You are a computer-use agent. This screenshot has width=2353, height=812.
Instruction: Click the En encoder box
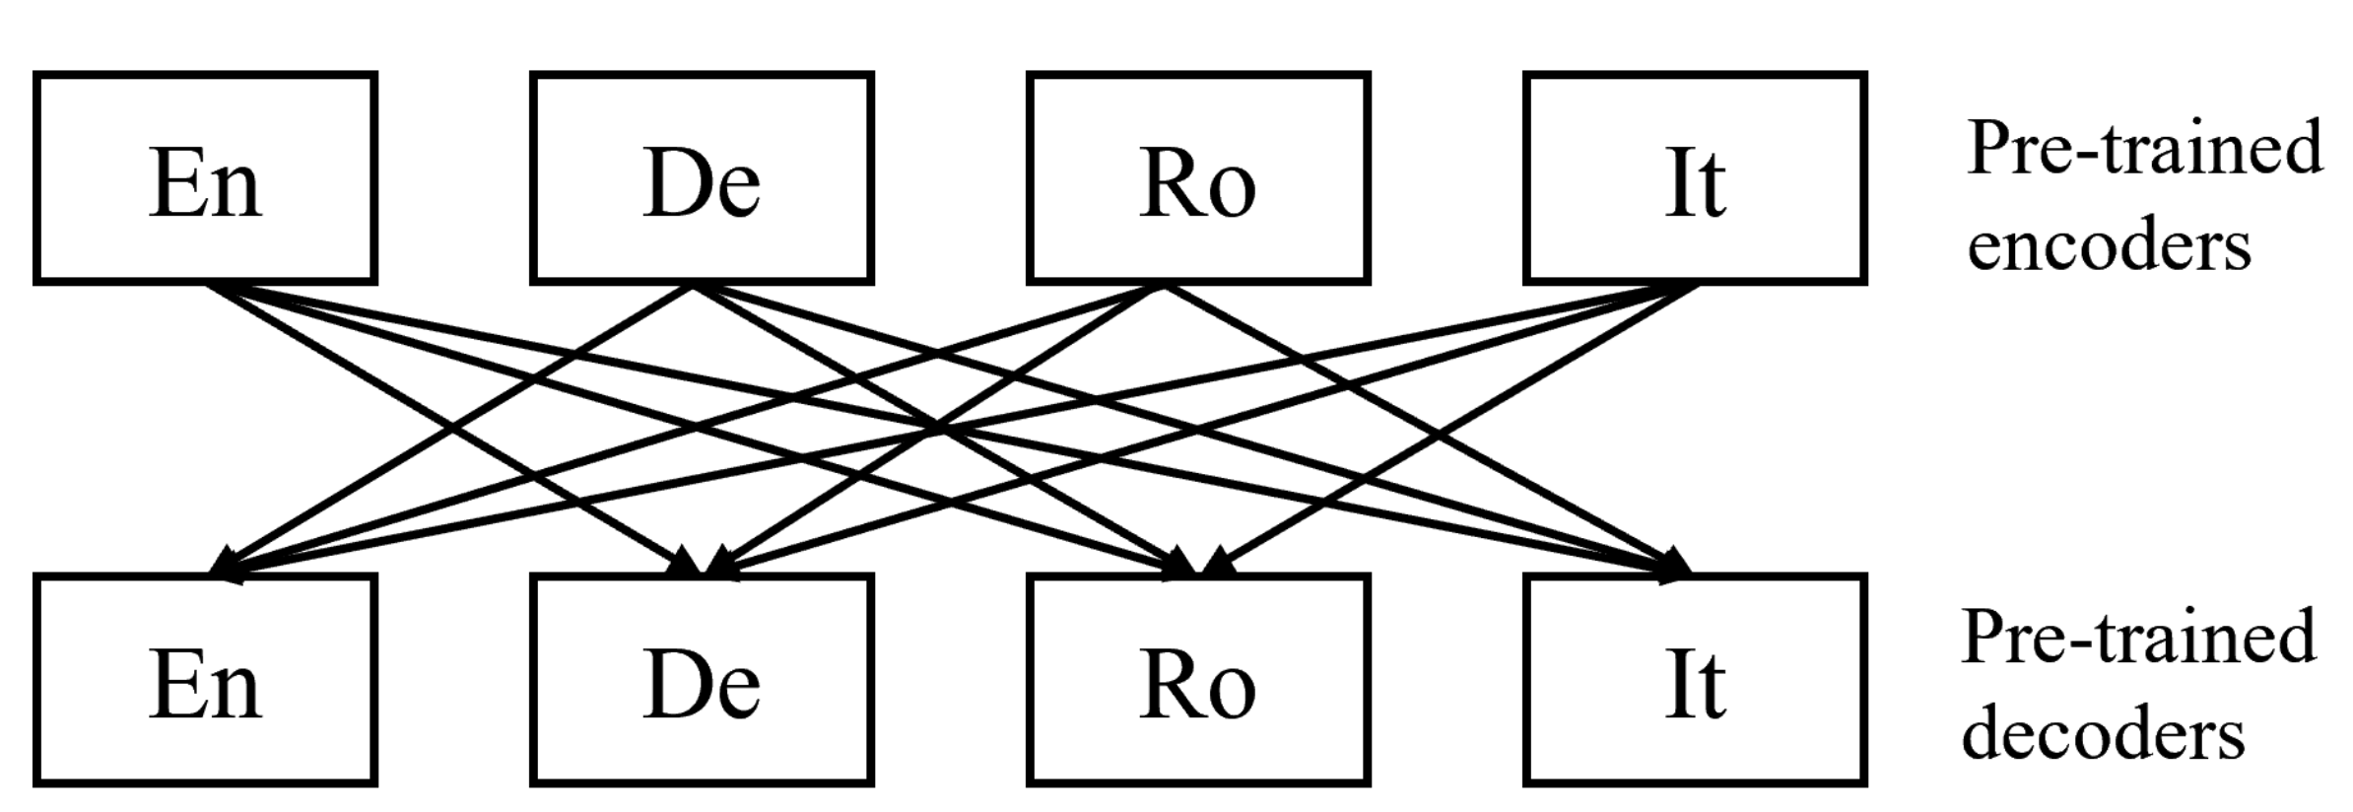pyautogui.click(x=205, y=178)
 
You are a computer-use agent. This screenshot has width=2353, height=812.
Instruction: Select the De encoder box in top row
pyautogui.click(x=702, y=178)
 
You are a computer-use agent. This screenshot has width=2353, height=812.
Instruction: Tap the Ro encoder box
pyautogui.click(x=1198, y=178)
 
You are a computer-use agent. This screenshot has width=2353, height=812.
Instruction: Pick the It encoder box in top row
pyautogui.click(x=1695, y=178)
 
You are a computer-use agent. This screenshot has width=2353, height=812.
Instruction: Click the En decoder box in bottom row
pyautogui.click(x=205, y=680)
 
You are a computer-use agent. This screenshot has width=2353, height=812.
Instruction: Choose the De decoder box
pyautogui.click(x=702, y=680)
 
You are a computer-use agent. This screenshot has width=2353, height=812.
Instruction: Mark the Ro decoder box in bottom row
pyautogui.click(x=1198, y=680)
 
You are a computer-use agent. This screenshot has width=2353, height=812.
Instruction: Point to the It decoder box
pyautogui.click(x=1695, y=680)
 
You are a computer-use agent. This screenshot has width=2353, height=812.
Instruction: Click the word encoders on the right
pyautogui.click(x=2109, y=244)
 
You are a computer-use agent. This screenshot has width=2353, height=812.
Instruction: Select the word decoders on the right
pyautogui.click(x=2103, y=734)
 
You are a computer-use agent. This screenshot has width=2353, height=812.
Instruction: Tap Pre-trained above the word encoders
pyautogui.click(x=2144, y=148)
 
